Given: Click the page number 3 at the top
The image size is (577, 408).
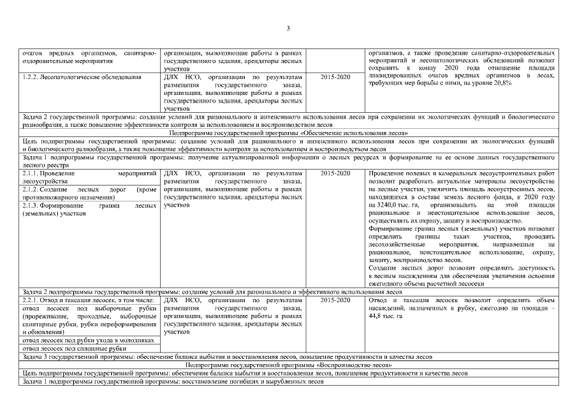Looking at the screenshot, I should click(x=288, y=28).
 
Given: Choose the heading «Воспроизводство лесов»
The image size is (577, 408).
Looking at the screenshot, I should click(x=288, y=365).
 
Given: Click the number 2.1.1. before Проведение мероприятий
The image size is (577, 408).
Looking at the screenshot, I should click(x=30, y=173).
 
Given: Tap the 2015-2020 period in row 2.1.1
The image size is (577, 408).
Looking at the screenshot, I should click(x=335, y=173).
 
